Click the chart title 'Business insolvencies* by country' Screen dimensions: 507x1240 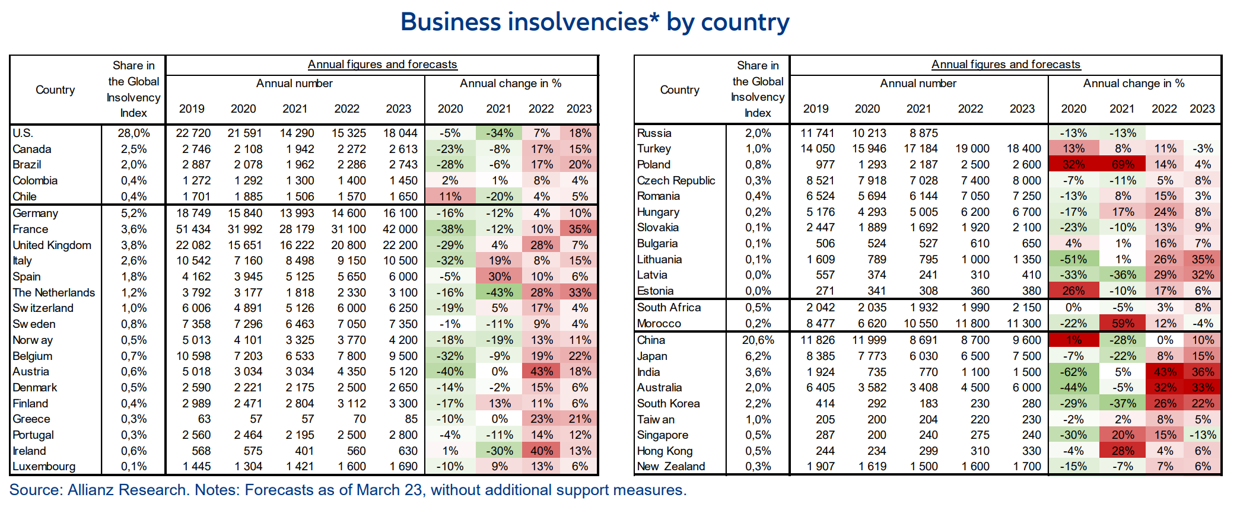594,23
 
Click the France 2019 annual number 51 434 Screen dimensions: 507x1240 193,229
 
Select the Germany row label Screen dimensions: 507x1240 36,213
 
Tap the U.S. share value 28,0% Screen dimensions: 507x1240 133,133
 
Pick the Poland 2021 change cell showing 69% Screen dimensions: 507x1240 1123,164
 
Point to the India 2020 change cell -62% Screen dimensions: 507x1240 1073,372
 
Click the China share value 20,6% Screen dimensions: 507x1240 758,340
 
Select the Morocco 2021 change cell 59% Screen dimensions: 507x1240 1123,323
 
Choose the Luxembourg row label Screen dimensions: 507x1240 44,466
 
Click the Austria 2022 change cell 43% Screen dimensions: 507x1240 541,371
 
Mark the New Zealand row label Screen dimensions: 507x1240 671,466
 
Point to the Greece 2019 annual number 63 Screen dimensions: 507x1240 204,419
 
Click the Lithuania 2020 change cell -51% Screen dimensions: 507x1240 1073,259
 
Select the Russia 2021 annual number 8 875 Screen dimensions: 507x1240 920,133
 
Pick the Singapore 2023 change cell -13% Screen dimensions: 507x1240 1203,435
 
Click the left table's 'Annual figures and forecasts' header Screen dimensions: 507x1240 382,64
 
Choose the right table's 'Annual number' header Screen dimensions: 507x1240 918,84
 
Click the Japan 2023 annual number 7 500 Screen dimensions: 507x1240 1023,356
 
